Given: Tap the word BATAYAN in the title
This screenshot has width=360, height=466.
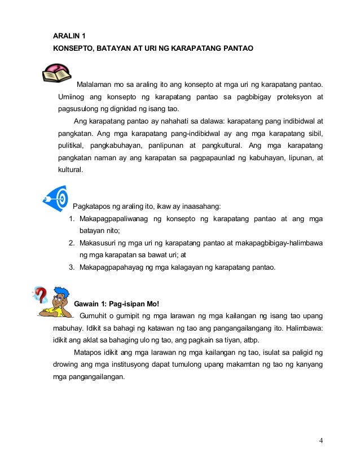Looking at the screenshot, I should [x=117, y=49].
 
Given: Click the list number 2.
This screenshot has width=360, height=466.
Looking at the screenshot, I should [x=72, y=243].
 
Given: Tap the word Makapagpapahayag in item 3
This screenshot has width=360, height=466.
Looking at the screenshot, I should [x=113, y=267].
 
